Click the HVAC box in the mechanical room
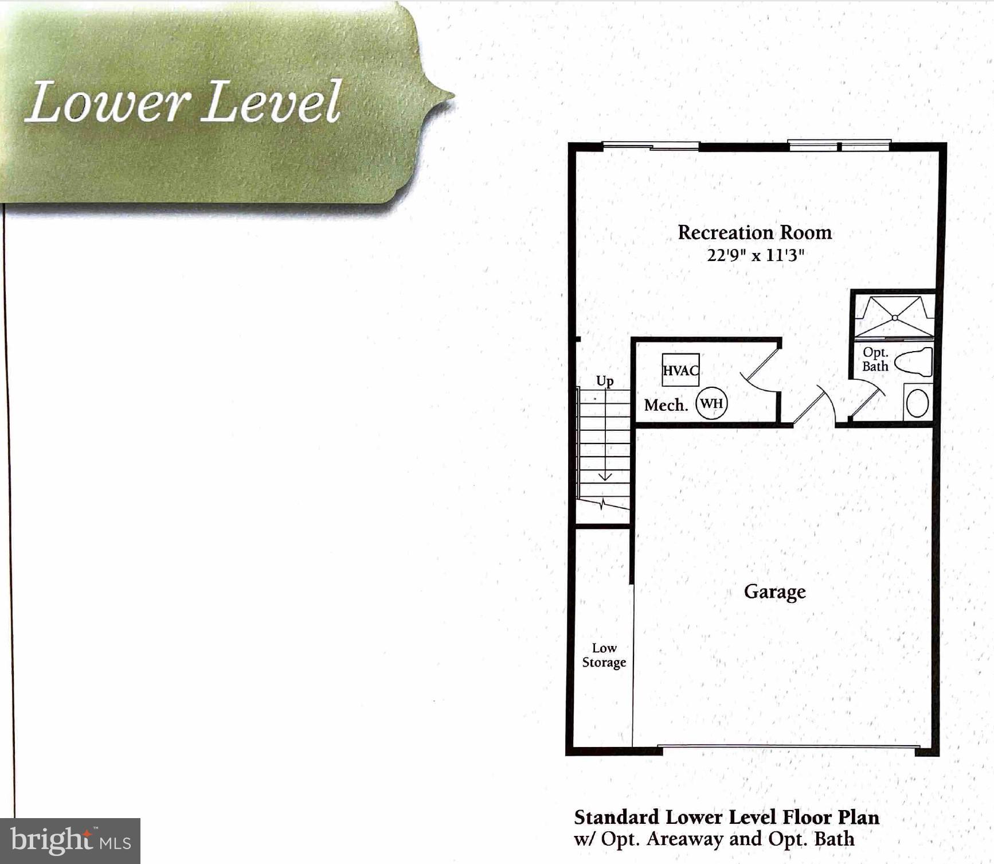pyautogui.click(x=680, y=370)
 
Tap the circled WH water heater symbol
pyautogui.click(x=711, y=403)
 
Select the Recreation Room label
pyautogui.click(x=754, y=232)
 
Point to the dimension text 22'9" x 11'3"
pyautogui.click(x=755, y=255)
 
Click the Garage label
pyautogui.click(x=774, y=591)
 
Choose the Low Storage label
pyautogui.click(x=604, y=655)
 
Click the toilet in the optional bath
pyautogui.click(x=915, y=362)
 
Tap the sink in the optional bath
pyautogui.click(x=917, y=403)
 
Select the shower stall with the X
pyautogui.click(x=894, y=317)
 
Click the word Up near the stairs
pyautogui.click(x=605, y=381)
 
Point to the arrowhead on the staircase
pyautogui.click(x=605, y=477)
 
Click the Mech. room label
pyautogui.click(x=666, y=405)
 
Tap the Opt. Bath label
pyautogui.click(x=875, y=359)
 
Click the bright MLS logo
pyautogui.click(x=70, y=840)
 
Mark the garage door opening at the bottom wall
pyautogui.click(x=787, y=747)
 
